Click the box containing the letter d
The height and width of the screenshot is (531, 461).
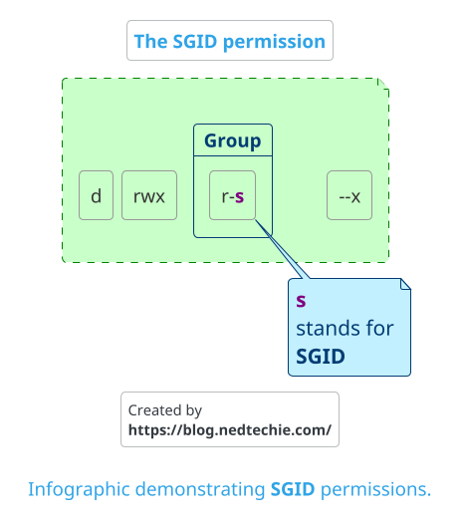pyautogui.click(x=96, y=195)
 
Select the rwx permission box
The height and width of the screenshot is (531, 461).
pyautogui.click(x=149, y=195)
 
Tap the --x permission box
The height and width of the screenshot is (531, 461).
pyautogui.click(x=349, y=195)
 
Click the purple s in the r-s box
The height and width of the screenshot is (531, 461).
pyautogui.click(x=239, y=196)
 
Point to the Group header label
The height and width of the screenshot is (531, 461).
pyautogui.click(x=233, y=140)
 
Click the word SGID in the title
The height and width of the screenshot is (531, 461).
pyautogui.click(x=195, y=41)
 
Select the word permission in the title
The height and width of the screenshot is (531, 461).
pyautogui.click(x=274, y=42)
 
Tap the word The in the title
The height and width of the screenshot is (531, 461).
pyautogui.click(x=151, y=41)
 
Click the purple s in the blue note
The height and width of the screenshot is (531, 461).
pyautogui.click(x=301, y=301)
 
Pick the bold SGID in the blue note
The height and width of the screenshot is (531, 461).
pyautogui.click(x=321, y=357)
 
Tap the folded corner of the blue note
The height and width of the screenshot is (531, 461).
pyautogui.click(x=405, y=284)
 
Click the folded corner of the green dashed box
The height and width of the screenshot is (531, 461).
pyautogui.click(x=383, y=84)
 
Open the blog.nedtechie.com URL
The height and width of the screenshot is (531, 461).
pyautogui.click(x=230, y=430)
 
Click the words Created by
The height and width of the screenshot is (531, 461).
pyautogui.click(x=165, y=410)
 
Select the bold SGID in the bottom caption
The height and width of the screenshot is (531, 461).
pyautogui.click(x=293, y=489)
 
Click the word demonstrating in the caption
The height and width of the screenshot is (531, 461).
pyautogui.click(x=200, y=490)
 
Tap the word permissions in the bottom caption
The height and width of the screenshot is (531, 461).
pyautogui.click(x=376, y=490)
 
